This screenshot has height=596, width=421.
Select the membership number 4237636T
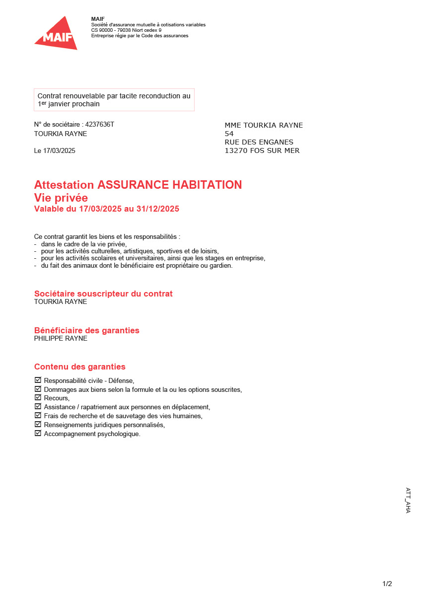(100, 125)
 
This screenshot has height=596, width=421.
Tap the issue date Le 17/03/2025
(55, 151)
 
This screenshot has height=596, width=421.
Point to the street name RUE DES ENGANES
(259, 143)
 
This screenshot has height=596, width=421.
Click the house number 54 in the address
(229, 134)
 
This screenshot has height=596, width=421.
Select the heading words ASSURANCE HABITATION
(170, 185)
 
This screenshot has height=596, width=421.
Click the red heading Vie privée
(61, 198)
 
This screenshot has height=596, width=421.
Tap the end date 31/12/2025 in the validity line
(158, 209)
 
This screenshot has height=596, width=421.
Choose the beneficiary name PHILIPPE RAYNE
(61, 339)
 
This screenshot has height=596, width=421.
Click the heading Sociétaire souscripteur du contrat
(103, 294)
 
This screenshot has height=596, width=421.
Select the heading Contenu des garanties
(79, 367)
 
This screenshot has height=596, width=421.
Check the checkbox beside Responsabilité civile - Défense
(38, 380)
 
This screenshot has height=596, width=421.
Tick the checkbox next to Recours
(38, 398)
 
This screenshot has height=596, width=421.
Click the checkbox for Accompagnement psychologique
(38, 434)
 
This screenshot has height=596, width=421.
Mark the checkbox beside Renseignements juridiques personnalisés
(38, 425)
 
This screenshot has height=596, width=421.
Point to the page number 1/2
(387, 584)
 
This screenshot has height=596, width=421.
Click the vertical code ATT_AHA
(408, 500)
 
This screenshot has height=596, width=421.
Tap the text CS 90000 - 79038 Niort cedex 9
(126, 30)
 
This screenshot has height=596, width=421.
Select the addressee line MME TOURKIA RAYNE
(264, 126)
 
